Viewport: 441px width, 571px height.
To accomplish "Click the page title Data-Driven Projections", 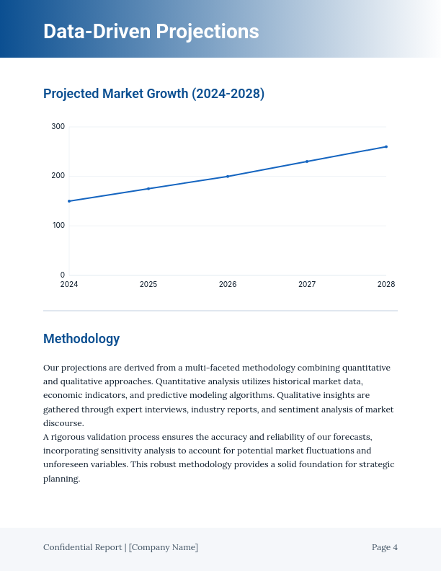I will (x=151, y=32).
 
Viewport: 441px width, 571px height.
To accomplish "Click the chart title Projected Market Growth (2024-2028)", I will (x=153, y=94).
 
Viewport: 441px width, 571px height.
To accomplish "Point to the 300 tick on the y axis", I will (x=58, y=127).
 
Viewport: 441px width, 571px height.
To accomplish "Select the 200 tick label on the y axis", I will (x=58, y=176).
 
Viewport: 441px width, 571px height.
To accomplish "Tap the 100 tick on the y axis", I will (x=58, y=226).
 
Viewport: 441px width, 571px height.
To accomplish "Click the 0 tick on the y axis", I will (x=62, y=275).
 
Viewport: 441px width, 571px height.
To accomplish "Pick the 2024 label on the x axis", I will (x=69, y=285).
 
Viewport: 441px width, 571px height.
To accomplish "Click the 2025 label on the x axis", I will (x=148, y=285).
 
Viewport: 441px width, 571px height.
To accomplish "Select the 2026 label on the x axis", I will (x=228, y=285).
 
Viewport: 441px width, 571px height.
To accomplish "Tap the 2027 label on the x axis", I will (x=307, y=285).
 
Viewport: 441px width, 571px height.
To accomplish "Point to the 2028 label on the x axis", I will (x=386, y=285).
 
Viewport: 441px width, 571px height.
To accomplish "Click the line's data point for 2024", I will (x=69, y=201).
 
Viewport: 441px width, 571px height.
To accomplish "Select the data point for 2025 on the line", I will (x=148, y=189).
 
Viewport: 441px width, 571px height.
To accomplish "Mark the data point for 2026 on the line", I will (x=228, y=176).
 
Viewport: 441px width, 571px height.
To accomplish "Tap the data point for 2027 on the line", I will (x=307, y=161).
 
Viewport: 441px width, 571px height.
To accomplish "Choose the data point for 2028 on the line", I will (x=386, y=146).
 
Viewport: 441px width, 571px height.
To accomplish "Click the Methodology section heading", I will (x=81, y=339).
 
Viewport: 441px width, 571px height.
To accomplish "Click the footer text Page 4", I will (x=384, y=547).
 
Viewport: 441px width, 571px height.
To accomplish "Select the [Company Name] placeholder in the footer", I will (x=164, y=547).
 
